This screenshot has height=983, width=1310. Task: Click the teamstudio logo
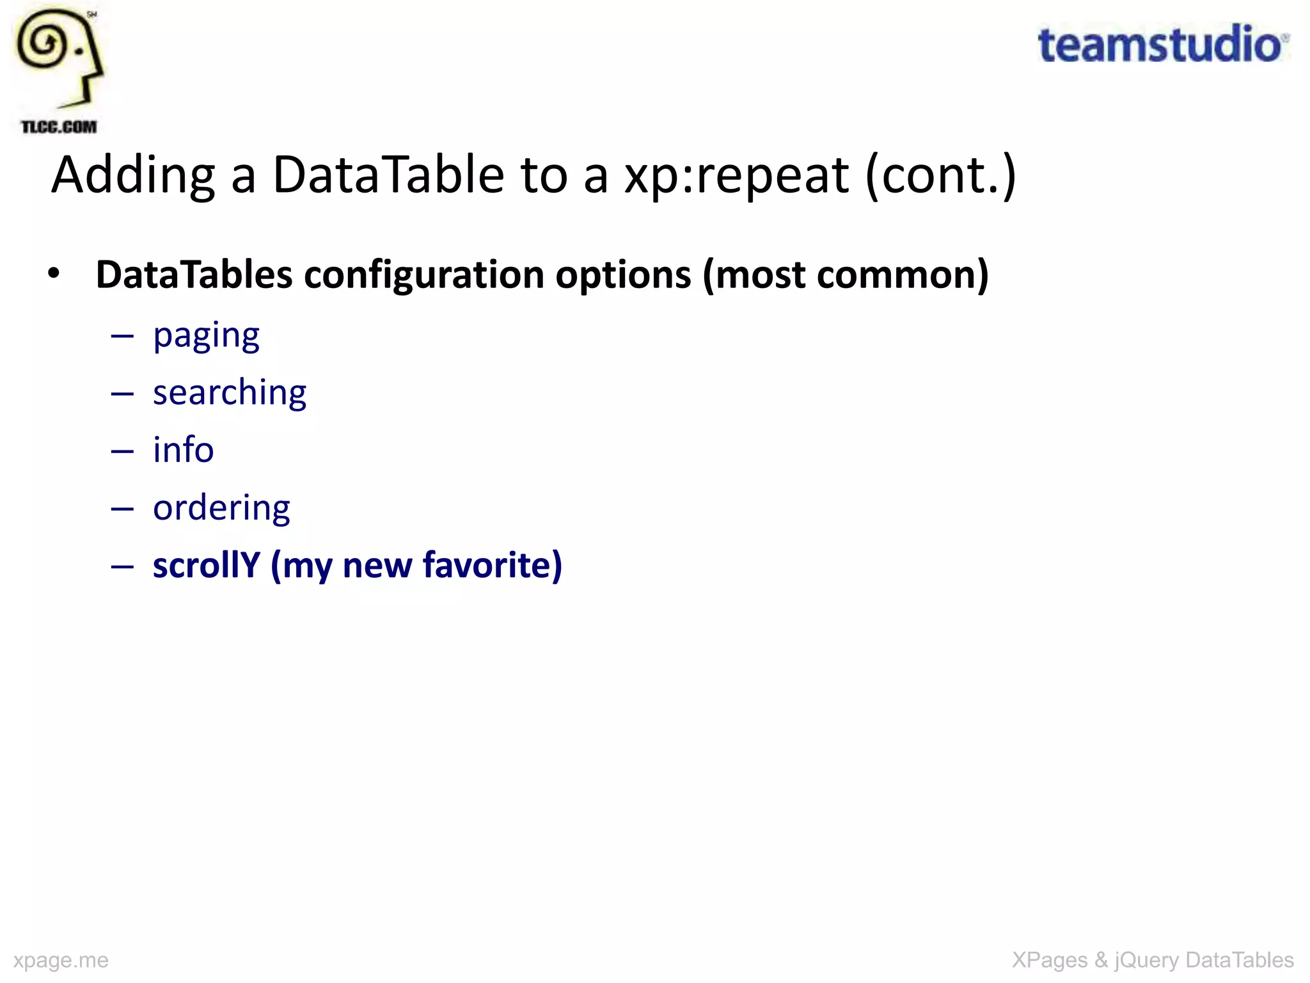[1162, 45]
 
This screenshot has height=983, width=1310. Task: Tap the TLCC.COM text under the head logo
[59, 127]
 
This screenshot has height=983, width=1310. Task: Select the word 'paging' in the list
[206, 335]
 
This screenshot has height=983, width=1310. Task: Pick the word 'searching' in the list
[230, 392]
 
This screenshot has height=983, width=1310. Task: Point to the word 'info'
[183, 450]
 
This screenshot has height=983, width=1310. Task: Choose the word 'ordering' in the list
[221, 508]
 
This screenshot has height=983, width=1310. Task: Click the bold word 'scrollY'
[206, 565]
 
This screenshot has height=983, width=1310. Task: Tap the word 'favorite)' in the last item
[493, 565]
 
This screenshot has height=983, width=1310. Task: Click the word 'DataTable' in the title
[388, 175]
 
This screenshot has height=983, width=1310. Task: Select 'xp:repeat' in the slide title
[736, 175]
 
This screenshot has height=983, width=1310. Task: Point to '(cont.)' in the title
[940, 175]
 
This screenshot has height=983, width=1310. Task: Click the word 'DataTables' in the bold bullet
[194, 275]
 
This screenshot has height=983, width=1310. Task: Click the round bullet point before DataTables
[54, 273]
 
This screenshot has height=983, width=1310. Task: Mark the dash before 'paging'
[122, 335]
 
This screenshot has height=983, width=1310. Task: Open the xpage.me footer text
[61, 960]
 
